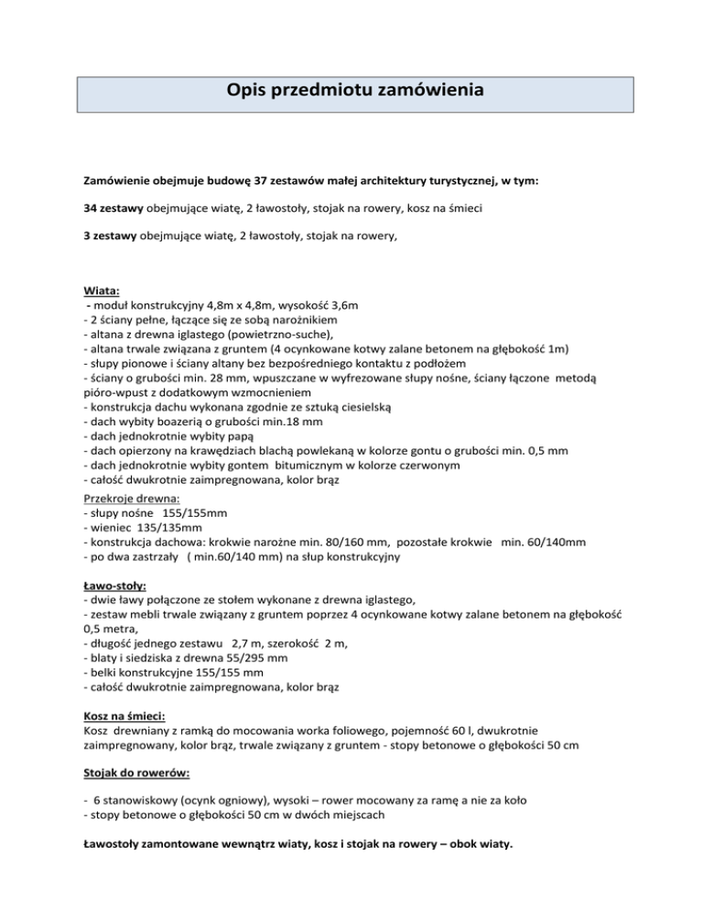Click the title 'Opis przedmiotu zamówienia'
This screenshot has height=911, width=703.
tap(352, 93)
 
